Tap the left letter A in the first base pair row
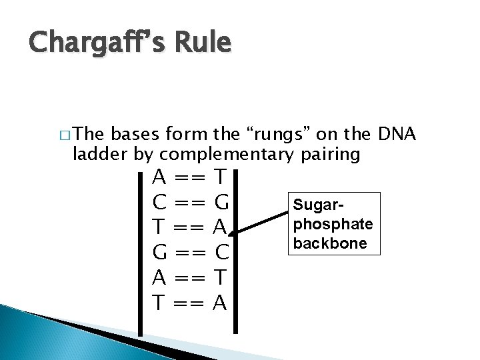(x=159, y=178)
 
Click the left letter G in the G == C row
(x=159, y=253)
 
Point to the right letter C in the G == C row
(x=222, y=253)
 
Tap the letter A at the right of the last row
(x=221, y=303)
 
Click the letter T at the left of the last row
(x=159, y=303)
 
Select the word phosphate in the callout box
(x=329, y=221)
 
